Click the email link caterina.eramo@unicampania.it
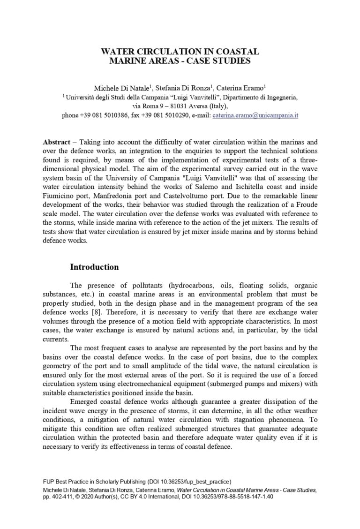click(x=255, y=115)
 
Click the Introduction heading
click(x=94, y=267)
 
